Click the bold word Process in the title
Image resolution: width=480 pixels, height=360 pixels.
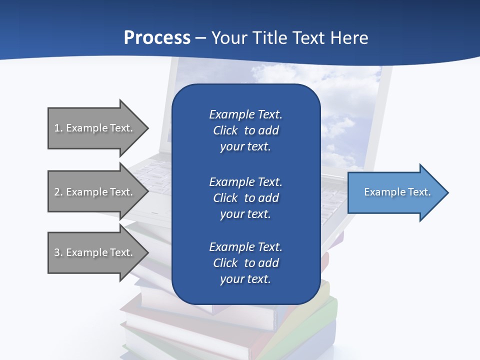[157, 38]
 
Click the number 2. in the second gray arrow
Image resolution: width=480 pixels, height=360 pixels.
[58, 192]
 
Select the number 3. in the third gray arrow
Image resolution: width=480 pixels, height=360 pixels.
[58, 252]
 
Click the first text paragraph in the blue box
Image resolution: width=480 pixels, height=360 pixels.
[245, 130]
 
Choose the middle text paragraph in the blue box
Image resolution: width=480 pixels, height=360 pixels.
[245, 198]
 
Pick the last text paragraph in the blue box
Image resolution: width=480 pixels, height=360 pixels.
[245, 263]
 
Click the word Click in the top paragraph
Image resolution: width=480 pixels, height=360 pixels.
[225, 130]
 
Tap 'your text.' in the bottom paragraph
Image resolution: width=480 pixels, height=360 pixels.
[245, 279]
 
